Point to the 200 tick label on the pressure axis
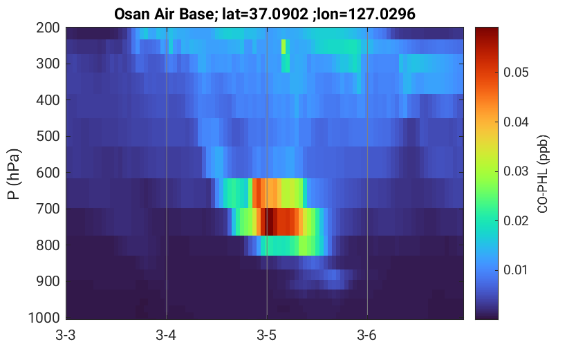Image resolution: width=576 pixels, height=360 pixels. tap(48, 28)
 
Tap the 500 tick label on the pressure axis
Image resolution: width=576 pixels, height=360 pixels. tap(48, 136)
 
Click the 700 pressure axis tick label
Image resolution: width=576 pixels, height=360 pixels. tap(48, 209)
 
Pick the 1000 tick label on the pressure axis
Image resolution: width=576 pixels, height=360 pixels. tap(44, 317)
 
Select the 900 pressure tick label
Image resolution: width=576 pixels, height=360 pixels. tap(48, 281)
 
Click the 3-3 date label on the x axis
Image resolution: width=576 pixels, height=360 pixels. tap(66, 335)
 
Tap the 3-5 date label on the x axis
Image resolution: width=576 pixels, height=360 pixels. tap(267, 335)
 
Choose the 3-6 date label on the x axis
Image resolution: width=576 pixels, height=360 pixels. tap(367, 335)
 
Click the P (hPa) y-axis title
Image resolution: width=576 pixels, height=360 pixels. tap(14, 174)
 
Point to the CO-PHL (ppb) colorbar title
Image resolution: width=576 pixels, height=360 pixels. tap(543, 174)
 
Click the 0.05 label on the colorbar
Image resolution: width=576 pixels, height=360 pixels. tap(516, 73)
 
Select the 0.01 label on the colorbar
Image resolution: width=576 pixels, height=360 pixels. tap(516, 269)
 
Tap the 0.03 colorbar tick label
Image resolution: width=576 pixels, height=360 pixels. tap(516, 171)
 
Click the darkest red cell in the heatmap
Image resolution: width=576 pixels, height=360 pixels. tap(269, 222)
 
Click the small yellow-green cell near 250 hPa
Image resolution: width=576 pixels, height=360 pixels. tap(284, 46)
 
